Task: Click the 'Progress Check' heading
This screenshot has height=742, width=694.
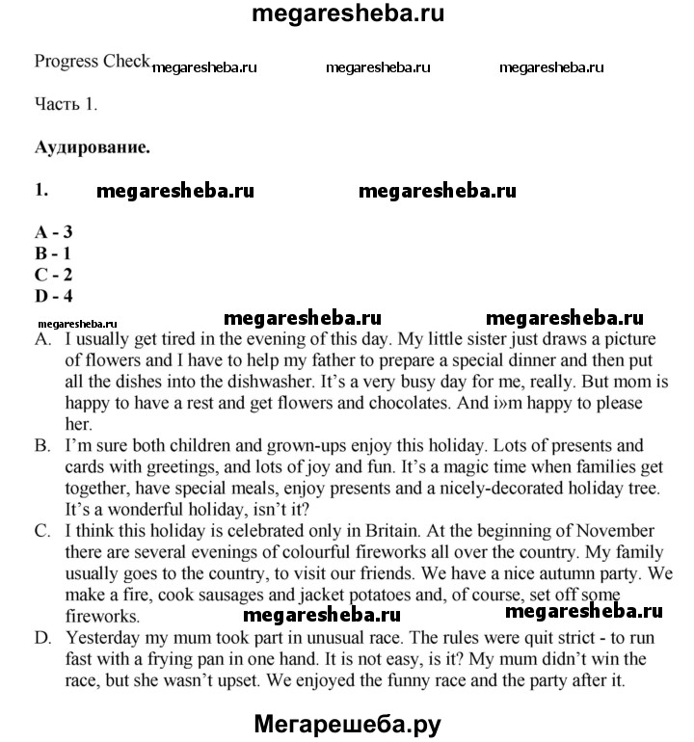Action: click(x=92, y=62)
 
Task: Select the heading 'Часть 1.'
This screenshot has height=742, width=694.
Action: click(x=66, y=104)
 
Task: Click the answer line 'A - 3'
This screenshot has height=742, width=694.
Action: click(x=54, y=231)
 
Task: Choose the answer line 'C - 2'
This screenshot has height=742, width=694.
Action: click(x=54, y=275)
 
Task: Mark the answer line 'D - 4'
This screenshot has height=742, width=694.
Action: click(x=54, y=296)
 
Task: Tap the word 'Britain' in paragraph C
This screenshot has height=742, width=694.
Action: click(x=349, y=531)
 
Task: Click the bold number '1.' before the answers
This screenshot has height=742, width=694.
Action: click(x=41, y=190)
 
